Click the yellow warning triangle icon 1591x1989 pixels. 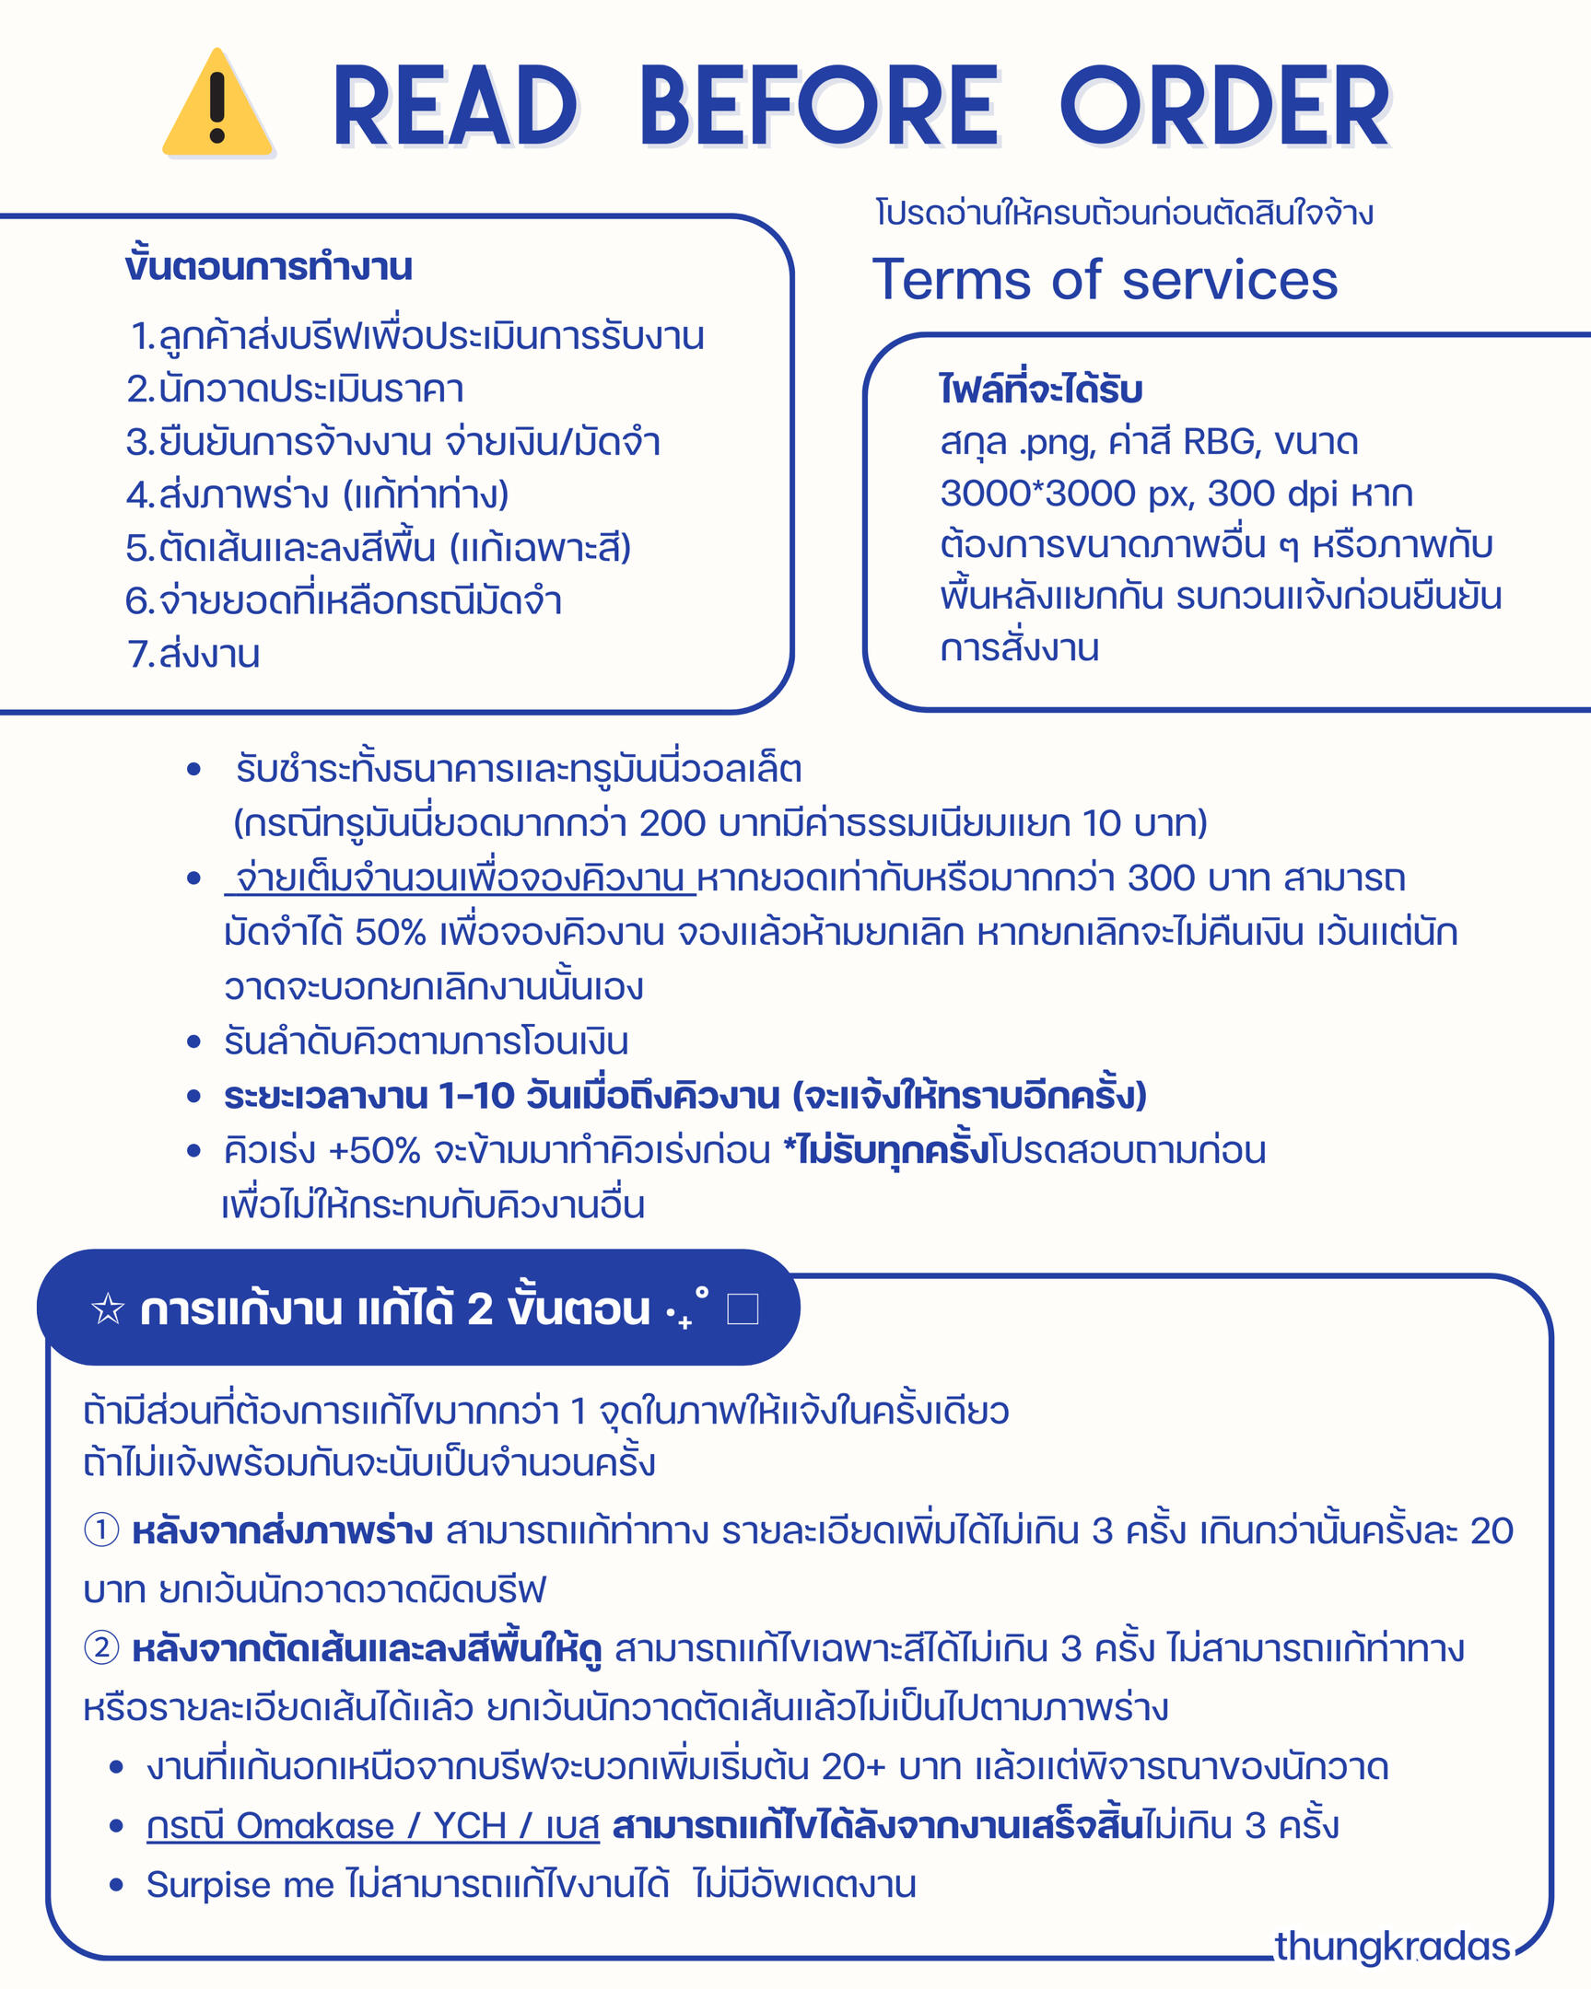tap(217, 103)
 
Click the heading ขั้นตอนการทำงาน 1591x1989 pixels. tap(269, 267)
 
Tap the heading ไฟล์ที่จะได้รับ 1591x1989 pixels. tap(1041, 390)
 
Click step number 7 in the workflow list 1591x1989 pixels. tap(139, 654)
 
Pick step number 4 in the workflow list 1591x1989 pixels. tap(139, 495)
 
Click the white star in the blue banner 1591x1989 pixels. tap(108, 1309)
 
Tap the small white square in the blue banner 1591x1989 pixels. tap(743, 1309)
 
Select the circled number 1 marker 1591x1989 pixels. tap(101, 1530)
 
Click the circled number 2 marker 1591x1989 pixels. tap(101, 1647)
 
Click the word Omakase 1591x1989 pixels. tap(315, 1826)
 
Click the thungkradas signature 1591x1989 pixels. tap(1392, 1946)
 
